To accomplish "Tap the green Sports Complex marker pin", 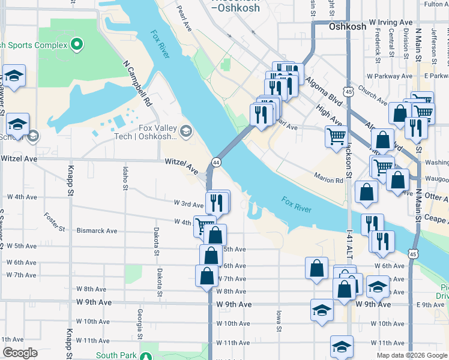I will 76,44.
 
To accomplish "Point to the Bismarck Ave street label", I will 97,230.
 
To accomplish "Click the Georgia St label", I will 140,321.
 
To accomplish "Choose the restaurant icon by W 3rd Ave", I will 217,202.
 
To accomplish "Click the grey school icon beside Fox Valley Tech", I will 186,130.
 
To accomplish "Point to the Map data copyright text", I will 411,355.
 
